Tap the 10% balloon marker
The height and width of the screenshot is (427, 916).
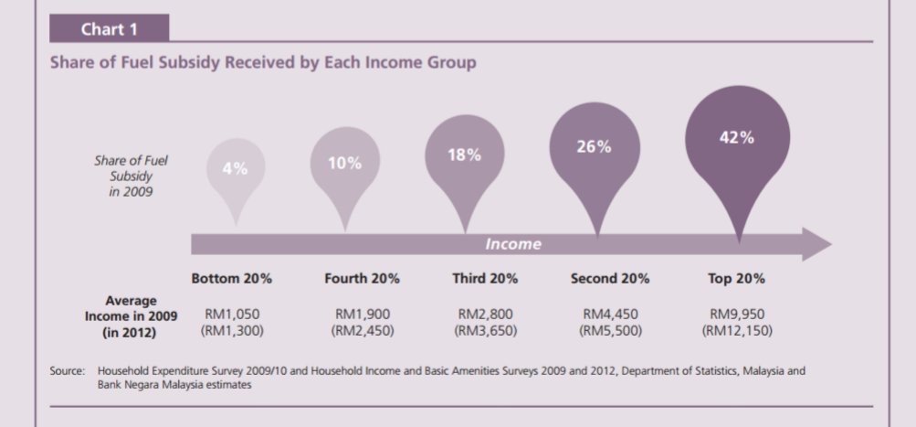coord(345,164)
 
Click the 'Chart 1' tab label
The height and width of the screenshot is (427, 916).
coord(110,29)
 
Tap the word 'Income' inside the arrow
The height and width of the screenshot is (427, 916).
coord(512,244)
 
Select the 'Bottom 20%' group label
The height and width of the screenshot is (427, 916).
coord(231,278)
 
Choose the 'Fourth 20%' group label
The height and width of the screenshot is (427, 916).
coord(362,278)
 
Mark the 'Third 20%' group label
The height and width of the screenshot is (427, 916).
coord(485,278)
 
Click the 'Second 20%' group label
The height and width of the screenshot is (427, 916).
coord(609,278)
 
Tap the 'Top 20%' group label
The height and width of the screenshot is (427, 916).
coord(736,278)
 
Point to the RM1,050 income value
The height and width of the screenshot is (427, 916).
coord(231,315)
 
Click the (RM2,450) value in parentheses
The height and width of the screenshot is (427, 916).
coord(362,331)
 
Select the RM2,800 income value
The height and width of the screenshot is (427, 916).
coord(485,315)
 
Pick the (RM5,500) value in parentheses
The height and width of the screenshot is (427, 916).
coord(609,331)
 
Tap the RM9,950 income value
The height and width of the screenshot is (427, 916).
coord(736,315)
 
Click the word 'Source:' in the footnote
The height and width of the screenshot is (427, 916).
coord(68,371)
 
